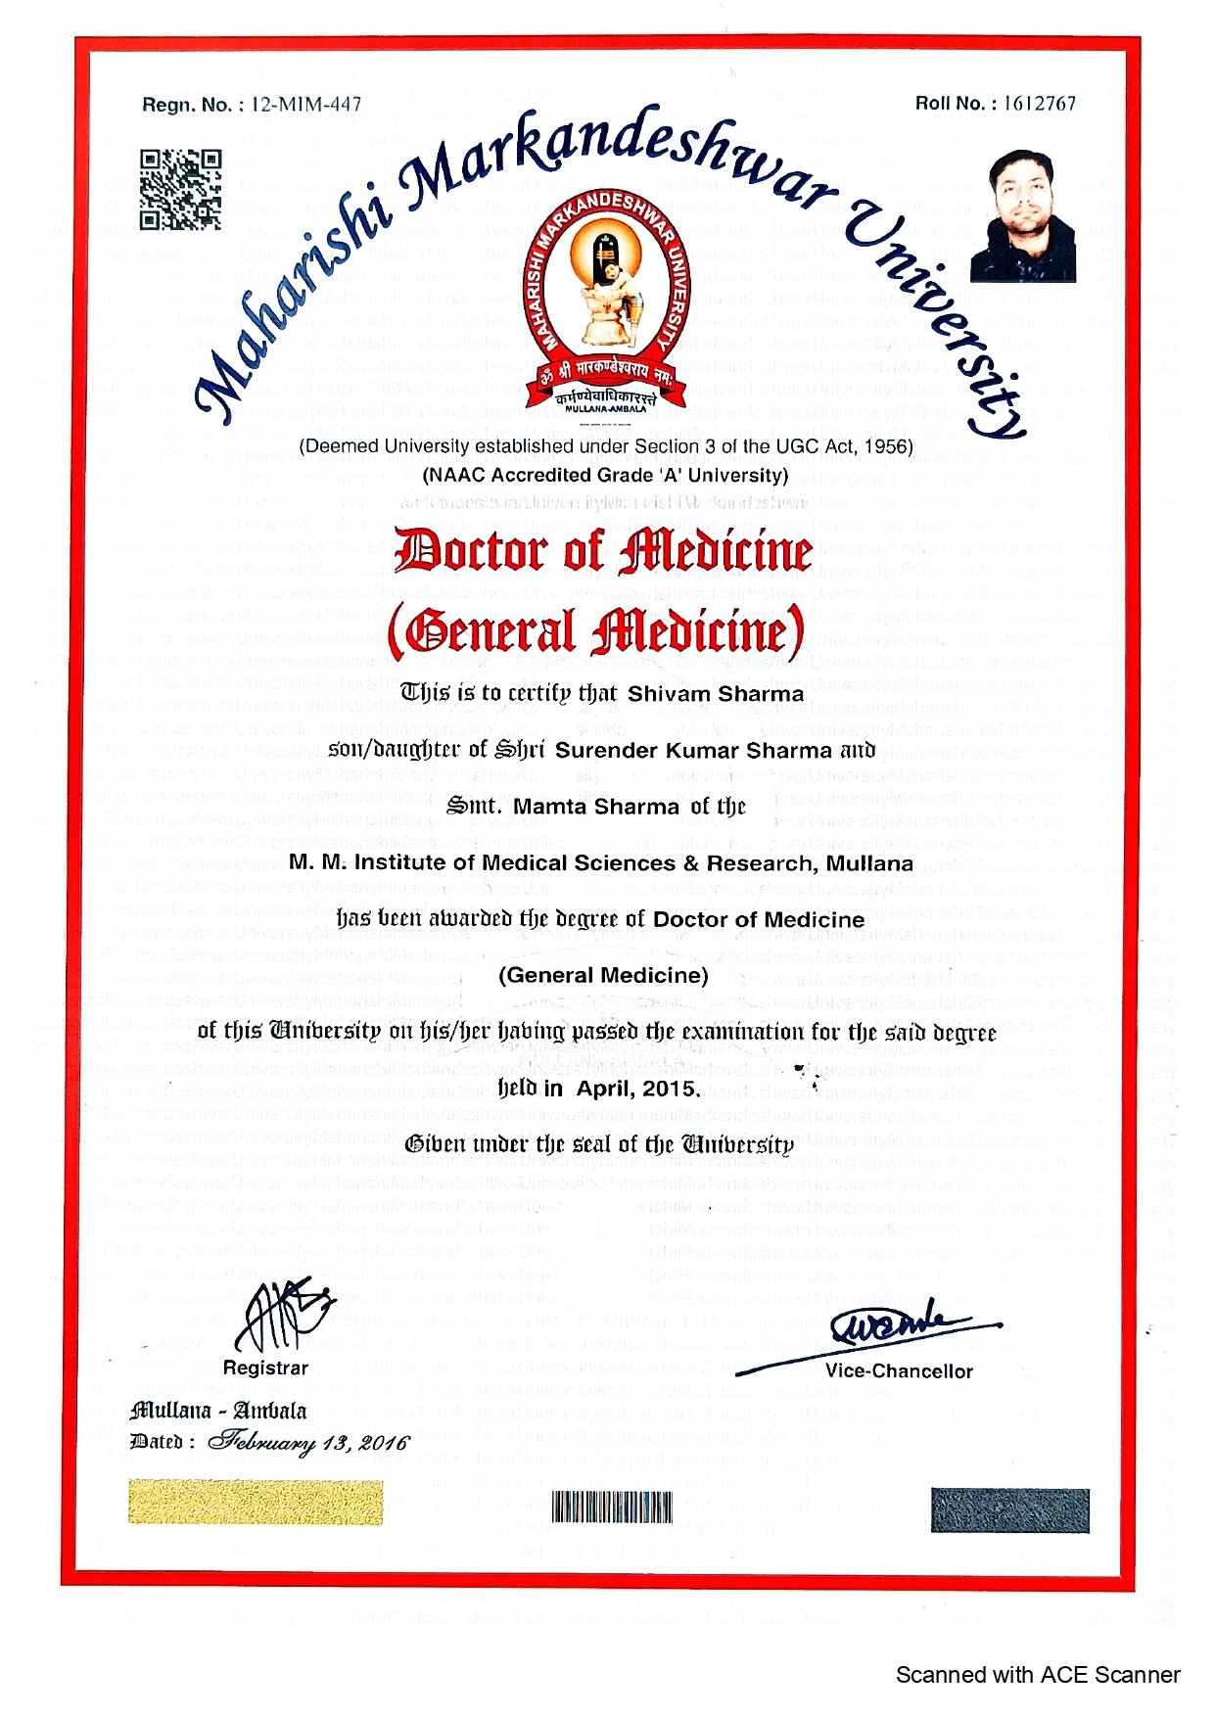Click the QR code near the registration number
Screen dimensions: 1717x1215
180,190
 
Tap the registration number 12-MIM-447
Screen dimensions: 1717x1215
306,105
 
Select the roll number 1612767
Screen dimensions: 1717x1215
1039,104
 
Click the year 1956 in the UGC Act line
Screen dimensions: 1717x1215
888,447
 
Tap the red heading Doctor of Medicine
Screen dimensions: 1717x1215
603,552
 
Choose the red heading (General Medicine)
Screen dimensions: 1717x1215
596,631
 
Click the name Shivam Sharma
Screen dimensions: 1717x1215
715,694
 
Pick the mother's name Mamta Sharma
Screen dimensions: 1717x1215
595,807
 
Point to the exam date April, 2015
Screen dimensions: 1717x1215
638,1089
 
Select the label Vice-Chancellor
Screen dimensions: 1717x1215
899,1371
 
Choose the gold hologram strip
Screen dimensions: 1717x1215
255,1503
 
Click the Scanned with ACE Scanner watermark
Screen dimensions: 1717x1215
1037,1675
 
